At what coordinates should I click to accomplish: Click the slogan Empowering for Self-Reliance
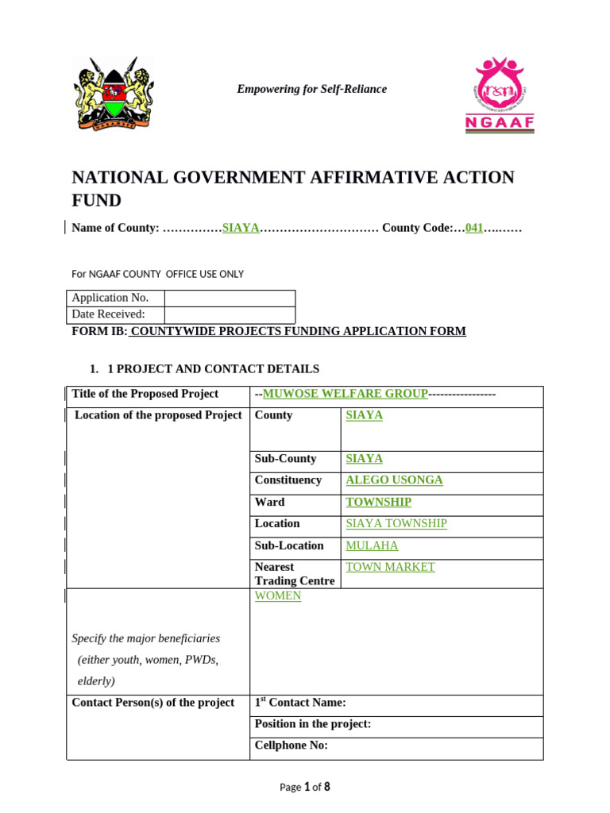(311, 89)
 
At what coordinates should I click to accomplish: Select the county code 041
(474, 228)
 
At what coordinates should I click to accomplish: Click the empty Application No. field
(229, 298)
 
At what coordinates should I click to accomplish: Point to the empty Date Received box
(229, 314)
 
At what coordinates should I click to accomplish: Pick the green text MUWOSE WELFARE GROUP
(345, 394)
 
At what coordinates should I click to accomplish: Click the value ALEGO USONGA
(394, 480)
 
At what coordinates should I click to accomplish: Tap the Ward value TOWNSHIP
(378, 502)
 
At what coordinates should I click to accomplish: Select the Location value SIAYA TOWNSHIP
(396, 523)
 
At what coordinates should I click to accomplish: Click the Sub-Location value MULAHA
(372, 545)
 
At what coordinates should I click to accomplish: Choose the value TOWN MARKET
(390, 567)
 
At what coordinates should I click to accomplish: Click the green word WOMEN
(277, 595)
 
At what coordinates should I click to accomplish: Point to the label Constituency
(288, 480)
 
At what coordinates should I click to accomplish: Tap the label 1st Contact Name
(299, 703)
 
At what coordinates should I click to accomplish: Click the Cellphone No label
(291, 746)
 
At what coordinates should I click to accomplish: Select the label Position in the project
(312, 724)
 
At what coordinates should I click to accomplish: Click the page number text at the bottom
(304, 787)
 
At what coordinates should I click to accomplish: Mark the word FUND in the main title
(96, 200)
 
